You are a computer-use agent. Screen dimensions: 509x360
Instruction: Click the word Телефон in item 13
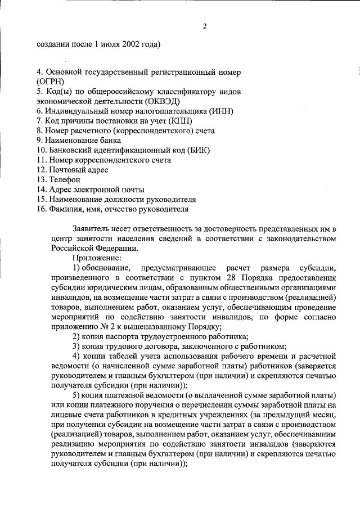pyautogui.click(x=66, y=179)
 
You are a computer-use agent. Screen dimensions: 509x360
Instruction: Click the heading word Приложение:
pyautogui.click(x=97, y=258)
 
